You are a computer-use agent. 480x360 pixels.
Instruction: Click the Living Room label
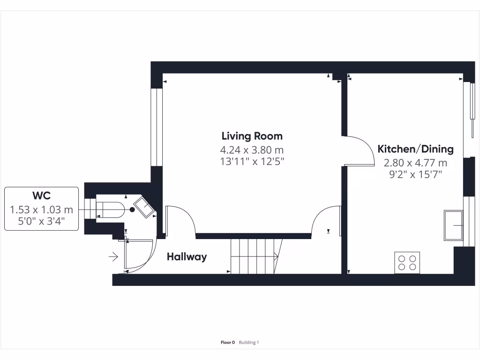pos(252,136)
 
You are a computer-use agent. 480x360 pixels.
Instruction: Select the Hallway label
pos(187,257)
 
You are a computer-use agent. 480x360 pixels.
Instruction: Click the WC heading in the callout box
pos(41,195)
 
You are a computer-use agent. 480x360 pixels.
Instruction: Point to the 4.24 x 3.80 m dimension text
pos(252,150)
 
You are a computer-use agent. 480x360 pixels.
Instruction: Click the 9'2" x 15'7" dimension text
pos(415,174)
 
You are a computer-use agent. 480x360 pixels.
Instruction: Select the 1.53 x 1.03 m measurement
pos(41,210)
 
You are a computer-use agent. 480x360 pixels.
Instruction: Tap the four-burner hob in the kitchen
pos(407,262)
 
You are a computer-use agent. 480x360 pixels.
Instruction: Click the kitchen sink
pos(453,225)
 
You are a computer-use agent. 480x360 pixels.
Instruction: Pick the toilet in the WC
pos(112,210)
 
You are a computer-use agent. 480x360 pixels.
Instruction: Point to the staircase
pos(255,256)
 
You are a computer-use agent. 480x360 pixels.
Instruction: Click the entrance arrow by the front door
pos(113,256)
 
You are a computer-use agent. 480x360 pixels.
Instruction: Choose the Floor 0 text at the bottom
pos(228,343)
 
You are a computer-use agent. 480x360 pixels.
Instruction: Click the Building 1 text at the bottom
pos(249,343)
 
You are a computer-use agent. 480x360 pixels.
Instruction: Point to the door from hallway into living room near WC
pos(180,219)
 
